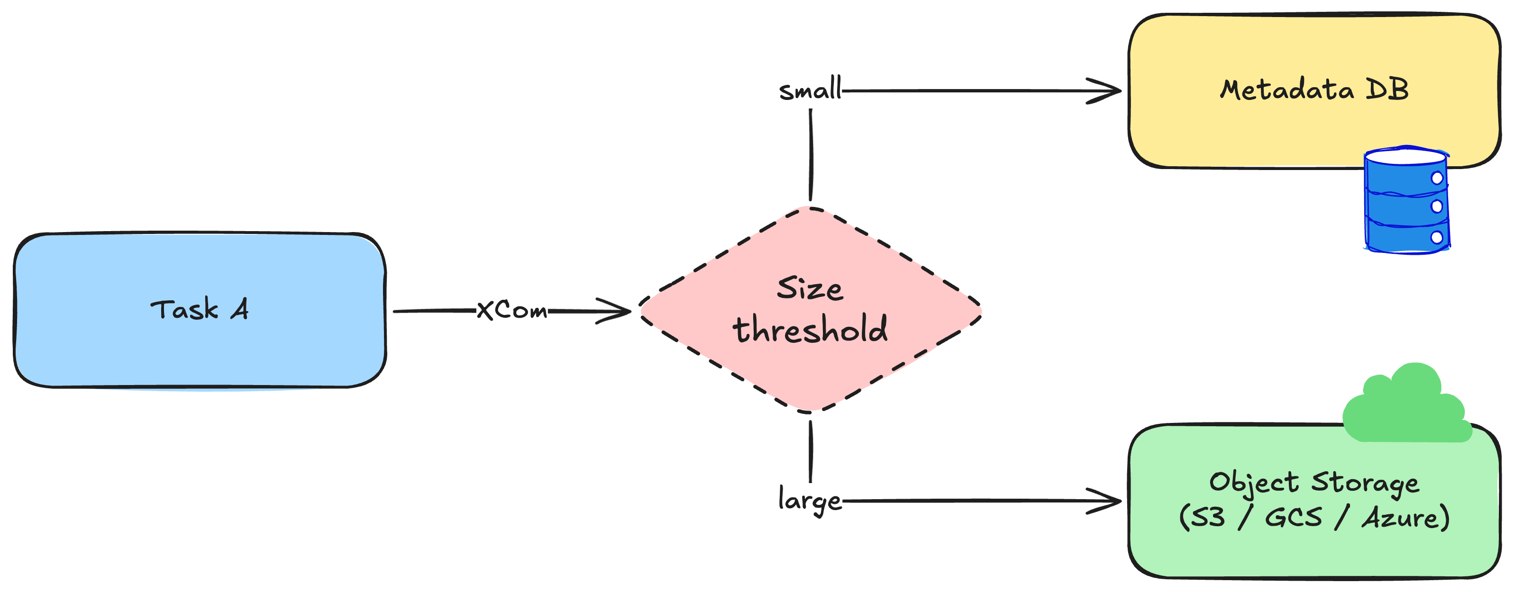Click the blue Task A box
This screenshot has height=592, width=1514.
(200, 310)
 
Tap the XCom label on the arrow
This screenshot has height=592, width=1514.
(511, 310)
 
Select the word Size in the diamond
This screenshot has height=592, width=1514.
(810, 288)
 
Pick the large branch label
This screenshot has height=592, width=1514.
(810, 501)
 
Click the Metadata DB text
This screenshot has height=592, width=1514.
(1314, 90)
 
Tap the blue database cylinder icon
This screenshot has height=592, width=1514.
(1406, 200)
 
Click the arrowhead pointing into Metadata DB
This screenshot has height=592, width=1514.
(1105, 91)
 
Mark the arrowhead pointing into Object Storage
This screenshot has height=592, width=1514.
(1105, 501)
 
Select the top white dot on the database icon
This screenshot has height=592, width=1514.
(1437, 178)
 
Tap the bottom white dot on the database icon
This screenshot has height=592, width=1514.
(1437, 237)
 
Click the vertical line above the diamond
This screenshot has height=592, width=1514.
(811, 155)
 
